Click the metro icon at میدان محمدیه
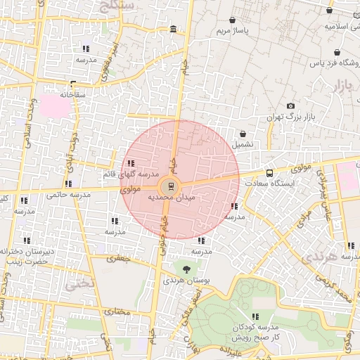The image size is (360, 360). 169,187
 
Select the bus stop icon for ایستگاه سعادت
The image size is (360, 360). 270,173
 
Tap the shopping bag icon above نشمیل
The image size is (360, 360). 243,133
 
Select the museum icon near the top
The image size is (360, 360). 174,29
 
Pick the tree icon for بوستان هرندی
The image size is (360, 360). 186,269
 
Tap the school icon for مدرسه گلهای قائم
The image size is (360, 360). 131,163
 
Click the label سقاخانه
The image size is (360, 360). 72,94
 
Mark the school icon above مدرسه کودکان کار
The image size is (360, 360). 255,316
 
